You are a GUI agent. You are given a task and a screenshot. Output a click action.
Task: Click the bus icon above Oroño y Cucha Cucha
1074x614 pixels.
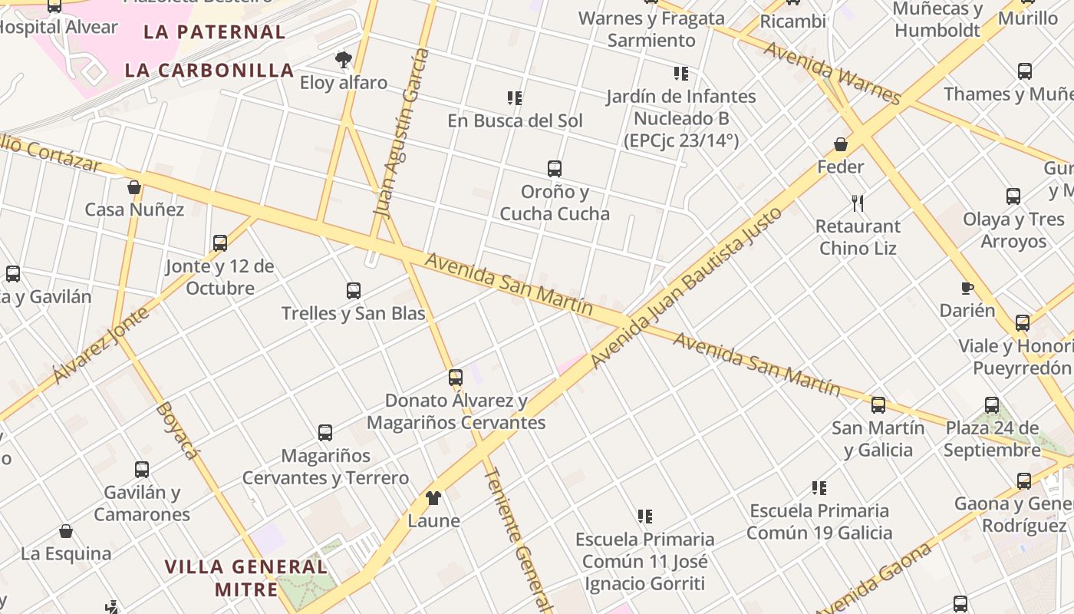pyautogui.click(x=555, y=169)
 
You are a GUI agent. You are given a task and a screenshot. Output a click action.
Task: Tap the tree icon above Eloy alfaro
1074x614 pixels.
pyautogui.click(x=343, y=59)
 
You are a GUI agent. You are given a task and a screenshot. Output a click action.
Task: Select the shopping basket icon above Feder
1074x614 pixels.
pyautogui.click(x=841, y=144)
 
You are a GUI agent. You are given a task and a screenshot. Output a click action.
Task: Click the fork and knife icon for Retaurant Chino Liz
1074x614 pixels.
pyautogui.click(x=858, y=203)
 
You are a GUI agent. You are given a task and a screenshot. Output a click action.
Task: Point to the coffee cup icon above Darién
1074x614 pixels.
pyautogui.click(x=967, y=289)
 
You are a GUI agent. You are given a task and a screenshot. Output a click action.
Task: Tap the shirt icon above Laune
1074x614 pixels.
pyautogui.click(x=433, y=498)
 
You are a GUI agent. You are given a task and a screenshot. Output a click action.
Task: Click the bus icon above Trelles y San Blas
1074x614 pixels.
pyautogui.click(x=354, y=291)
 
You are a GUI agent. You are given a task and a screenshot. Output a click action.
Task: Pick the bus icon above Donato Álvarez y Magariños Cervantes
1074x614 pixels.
pyautogui.click(x=456, y=378)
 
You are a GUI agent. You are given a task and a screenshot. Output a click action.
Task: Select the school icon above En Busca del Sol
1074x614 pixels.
pyautogui.click(x=515, y=98)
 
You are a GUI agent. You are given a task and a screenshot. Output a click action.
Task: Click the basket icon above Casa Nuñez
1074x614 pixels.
pyautogui.click(x=134, y=187)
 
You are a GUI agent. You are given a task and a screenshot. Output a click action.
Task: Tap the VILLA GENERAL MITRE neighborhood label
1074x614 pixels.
pyautogui.click(x=246, y=578)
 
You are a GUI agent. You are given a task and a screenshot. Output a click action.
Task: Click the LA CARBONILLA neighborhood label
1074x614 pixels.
pyautogui.click(x=209, y=71)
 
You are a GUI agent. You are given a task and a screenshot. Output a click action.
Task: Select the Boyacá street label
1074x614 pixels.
pyautogui.click(x=176, y=430)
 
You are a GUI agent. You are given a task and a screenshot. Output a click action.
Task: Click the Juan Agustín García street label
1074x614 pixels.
pyautogui.click(x=400, y=130)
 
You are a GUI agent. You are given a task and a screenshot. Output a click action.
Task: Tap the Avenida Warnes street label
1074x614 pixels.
pyautogui.click(x=832, y=73)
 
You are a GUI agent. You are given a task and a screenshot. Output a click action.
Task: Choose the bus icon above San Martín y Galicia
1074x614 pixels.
pyautogui.click(x=878, y=405)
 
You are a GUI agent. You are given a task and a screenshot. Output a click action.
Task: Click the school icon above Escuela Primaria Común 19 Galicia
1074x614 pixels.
pyautogui.click(x=819, y=488)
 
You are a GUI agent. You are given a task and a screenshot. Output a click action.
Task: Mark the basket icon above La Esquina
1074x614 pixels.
pyautogui.click(x=66, y=531)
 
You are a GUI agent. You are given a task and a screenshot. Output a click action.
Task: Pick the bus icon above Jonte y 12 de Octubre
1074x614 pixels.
pyautogui.click(x=220, y=243)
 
